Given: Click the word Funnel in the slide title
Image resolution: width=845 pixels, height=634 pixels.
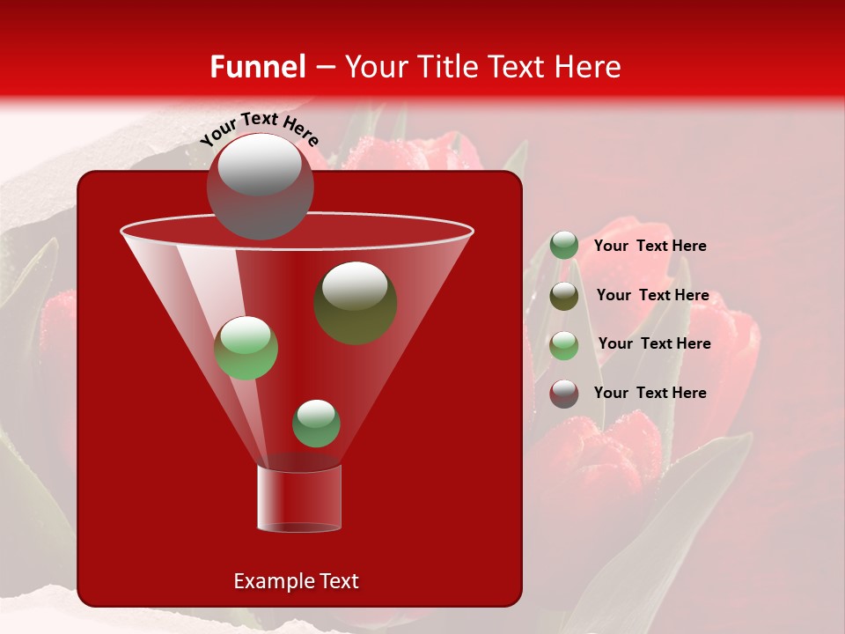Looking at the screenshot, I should click(x=257, y=67).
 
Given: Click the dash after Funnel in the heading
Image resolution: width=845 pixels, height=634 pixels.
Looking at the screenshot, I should click(x=325, y=68).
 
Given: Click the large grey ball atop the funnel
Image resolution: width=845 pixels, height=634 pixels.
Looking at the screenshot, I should click(x=260, y=186).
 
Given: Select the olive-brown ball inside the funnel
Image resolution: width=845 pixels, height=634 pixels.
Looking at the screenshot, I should click(x=355, y=302).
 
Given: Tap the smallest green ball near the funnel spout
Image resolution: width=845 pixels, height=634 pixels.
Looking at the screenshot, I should click(x=316, y=424).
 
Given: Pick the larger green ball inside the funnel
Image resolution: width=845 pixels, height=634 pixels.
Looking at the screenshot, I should click(x=246, y=348).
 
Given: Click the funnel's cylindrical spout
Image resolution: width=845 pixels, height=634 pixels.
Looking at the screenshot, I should click(x=299, y=498).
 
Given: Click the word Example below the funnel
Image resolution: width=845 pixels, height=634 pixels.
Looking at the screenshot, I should click(x=268, y=581).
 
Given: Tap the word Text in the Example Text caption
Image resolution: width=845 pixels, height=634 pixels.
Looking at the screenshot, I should click(x=337, y=581).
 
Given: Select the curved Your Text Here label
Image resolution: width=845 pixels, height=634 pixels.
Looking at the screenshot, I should click(x=260, y=128).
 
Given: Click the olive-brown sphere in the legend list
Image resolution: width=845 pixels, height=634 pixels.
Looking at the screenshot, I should click(x=564, y=296).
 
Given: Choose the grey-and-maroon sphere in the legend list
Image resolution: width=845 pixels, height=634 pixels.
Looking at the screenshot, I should click(x=564, y=394).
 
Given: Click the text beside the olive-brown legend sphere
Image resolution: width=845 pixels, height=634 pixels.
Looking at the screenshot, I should click(x=652, y=295).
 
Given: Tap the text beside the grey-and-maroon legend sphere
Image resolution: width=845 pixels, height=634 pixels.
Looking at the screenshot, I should click(x=650, y=393).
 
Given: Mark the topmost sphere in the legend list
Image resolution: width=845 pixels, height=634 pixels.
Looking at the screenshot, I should click(x=564, y=246).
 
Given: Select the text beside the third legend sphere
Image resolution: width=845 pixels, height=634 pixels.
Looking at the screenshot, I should click(x=654, y=343).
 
